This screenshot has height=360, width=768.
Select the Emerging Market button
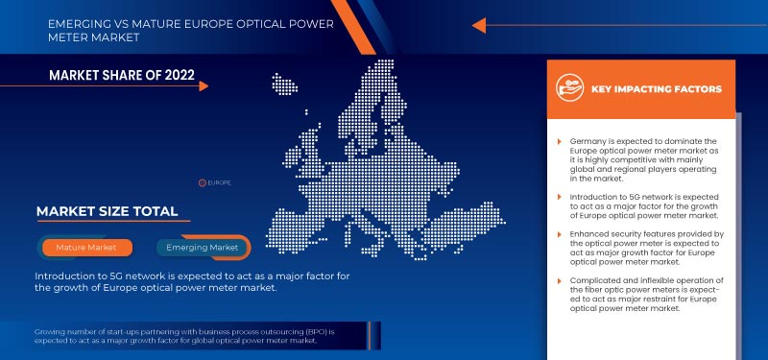click(x=202, y=248)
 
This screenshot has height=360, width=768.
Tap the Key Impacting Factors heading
click(x=657, y=89)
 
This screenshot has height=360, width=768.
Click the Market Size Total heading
click(x=107, y=211)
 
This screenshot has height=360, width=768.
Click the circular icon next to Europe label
click(x=202, y=181)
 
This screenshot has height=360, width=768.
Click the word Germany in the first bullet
click(x=588, y=141)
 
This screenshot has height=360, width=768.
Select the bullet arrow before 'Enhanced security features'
click(x=560, y=235)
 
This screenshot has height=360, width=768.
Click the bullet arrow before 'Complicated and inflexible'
click(x=560, y=280)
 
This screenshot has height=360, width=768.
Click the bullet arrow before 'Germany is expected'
click(x=560, y=141)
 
